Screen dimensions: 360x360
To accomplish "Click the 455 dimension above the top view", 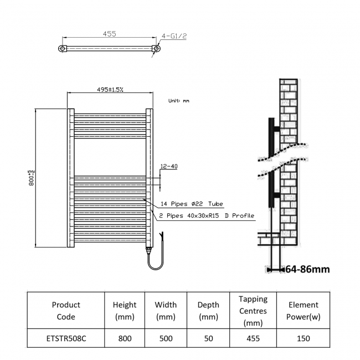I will point(109,34).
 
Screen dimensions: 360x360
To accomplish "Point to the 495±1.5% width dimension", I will point(110,89).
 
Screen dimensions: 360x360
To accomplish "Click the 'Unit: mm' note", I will point(178,101).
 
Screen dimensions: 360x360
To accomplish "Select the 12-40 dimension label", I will point(168,166).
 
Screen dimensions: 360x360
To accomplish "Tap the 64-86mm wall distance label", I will point(307,270).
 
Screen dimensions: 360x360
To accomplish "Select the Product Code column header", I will point(66,311).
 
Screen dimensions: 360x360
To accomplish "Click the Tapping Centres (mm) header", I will point(253,311).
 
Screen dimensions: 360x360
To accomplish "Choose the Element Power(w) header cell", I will point(303,311).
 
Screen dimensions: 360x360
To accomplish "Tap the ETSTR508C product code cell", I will point(66,338).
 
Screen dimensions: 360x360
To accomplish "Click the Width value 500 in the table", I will point(166,338).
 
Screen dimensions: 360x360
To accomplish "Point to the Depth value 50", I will point(208,338).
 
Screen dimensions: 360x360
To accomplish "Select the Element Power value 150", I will point(303,338).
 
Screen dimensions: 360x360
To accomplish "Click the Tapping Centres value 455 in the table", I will point(253,338).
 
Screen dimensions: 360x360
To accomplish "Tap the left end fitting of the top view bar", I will point(63,49).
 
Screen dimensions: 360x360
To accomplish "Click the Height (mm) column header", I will point(125,311).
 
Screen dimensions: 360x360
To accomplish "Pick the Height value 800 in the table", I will point(125,338).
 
